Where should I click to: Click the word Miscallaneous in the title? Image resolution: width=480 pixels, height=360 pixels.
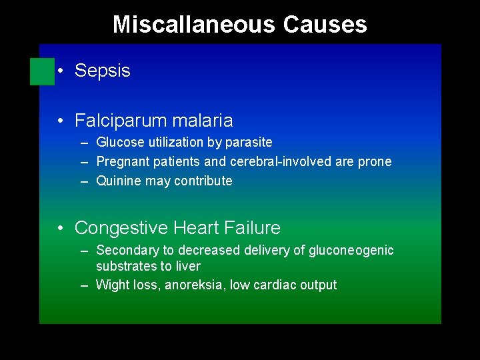click(194, 25)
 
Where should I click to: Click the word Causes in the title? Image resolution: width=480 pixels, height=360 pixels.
click(325, 25)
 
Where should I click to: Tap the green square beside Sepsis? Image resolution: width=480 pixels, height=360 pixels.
click(42, 71)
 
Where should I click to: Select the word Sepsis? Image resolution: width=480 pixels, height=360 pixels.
click(103, 71)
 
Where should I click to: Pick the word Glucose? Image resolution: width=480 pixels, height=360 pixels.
click(120, 142)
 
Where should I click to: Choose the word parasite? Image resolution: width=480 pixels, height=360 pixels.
click(248, 142)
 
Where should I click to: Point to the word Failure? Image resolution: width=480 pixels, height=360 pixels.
click(253, 228)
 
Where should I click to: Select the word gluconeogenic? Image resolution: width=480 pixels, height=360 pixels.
click(351, 250)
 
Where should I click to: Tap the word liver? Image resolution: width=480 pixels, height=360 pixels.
click(189, 266)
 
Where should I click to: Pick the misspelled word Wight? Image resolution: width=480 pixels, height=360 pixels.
click(111, 285)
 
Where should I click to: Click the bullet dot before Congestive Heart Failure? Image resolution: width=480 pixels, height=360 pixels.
click(61, 229)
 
